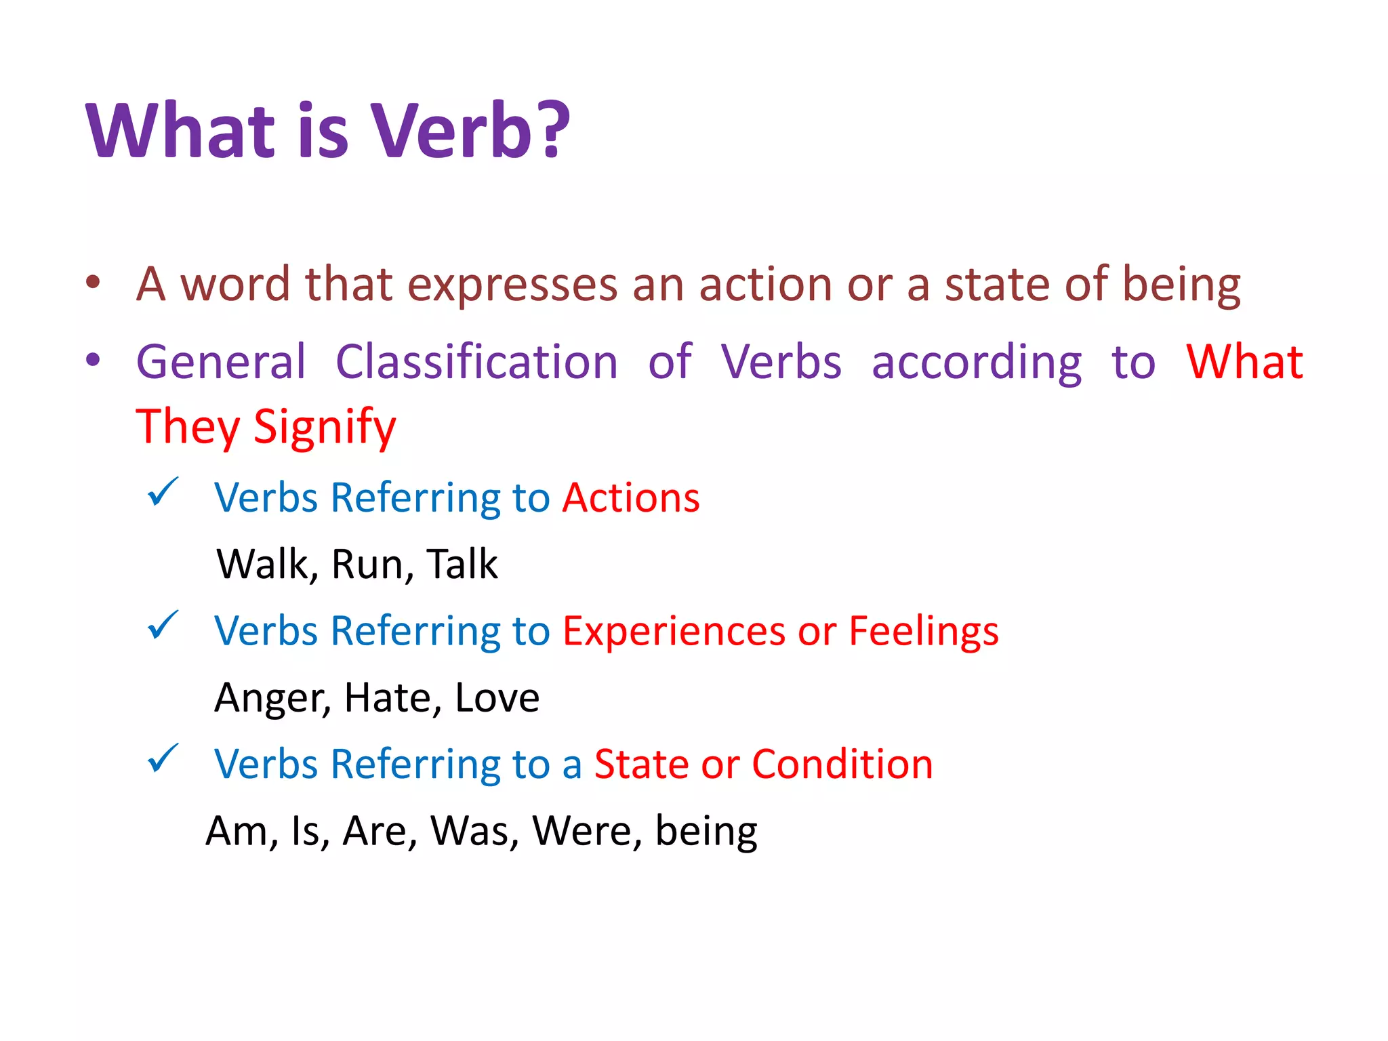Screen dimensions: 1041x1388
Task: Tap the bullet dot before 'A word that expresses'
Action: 94,283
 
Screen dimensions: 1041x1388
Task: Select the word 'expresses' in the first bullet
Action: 512,285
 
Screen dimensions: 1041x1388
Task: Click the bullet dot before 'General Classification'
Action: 94,360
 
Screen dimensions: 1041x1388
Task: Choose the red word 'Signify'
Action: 325,428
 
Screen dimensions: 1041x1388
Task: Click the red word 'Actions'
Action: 631,498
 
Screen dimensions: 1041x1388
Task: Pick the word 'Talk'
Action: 462,564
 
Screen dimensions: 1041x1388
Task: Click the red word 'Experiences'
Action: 673,632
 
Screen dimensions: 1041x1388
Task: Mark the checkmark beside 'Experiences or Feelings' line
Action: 163,625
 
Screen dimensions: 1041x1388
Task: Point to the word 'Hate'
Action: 387,697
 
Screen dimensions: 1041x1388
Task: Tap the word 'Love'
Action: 497,697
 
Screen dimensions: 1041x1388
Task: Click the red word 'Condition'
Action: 842,764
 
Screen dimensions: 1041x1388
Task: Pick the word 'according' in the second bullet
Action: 977,363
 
